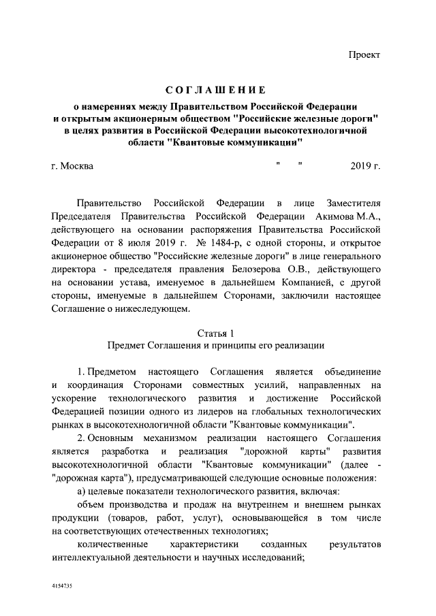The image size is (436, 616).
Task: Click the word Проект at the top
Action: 364,54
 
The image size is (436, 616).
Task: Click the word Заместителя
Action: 347,204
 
